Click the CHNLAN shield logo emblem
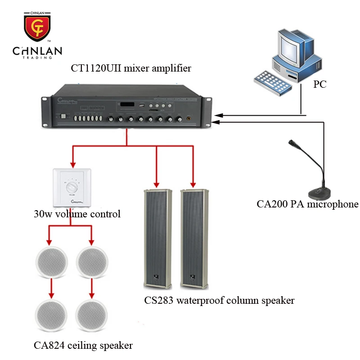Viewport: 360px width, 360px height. coord(37,27)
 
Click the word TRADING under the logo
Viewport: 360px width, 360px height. coord(37,58)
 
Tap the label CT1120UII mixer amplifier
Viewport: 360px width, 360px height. coord(131,68)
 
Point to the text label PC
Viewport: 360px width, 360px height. coord(320,84)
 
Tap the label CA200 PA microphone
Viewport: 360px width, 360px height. coord(307,204)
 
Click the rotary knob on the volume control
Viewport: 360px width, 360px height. coord(72,187)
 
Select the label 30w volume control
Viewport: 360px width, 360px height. coord(77,214)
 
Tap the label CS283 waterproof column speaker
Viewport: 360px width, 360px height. coord(219,300)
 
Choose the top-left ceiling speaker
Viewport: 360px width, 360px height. coord(51,261)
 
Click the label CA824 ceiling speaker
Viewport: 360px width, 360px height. coord(83,346)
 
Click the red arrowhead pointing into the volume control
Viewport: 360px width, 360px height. coord(72,165)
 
